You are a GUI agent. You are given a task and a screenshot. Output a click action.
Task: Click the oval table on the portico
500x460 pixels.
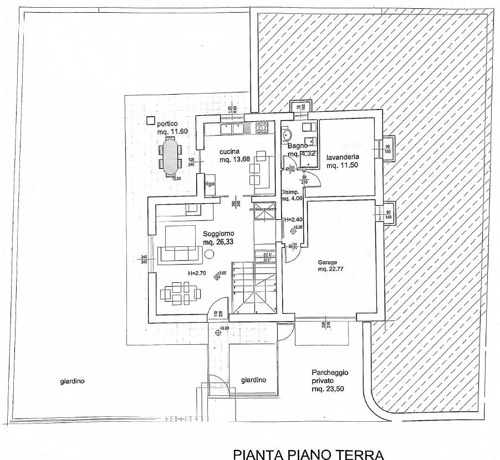[170, 157]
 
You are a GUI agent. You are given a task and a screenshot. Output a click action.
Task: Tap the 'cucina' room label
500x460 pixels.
[229, 152]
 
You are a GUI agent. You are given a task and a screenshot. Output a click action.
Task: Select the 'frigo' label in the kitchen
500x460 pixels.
[209, 183]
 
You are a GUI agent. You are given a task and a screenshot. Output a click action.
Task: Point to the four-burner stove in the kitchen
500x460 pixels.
[262, 128]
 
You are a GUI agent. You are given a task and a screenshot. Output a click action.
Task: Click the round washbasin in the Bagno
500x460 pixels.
[287, 135]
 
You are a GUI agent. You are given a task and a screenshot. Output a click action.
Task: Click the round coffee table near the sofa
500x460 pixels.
[209, 254]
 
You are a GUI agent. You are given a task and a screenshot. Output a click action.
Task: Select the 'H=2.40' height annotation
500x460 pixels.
[294, 220]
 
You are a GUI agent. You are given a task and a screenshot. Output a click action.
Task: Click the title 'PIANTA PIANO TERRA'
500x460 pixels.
[309, 454]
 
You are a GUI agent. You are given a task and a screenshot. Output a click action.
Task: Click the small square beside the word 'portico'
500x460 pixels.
[150, 120]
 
